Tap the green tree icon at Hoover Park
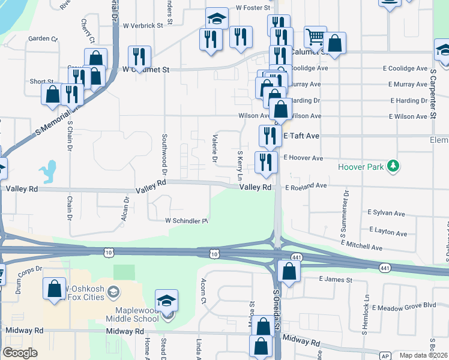pos(394,166)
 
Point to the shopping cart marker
pos(315,37)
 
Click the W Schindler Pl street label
pos(187,221)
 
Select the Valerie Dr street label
pos(214,148)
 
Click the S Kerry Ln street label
pos(240,165)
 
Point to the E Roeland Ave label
pos(306,187)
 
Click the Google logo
pos(20,353)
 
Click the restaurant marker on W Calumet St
pos(139,57)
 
